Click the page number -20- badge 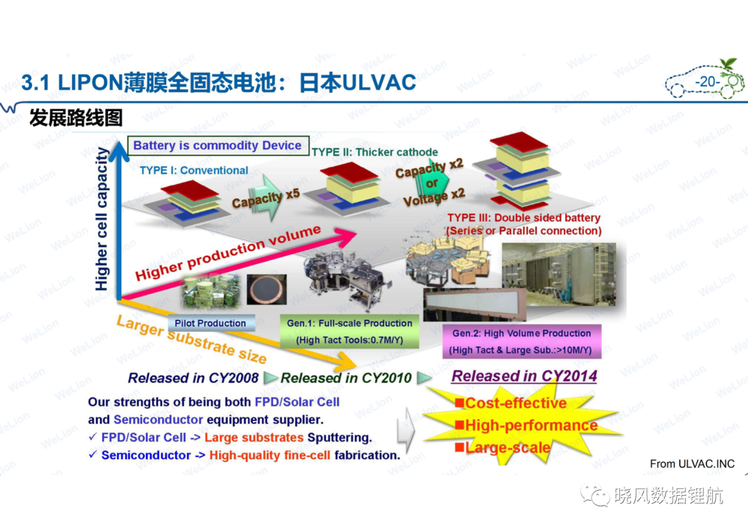coord(707,82)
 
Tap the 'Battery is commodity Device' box coord(218,146)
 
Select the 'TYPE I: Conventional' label coord(194,171)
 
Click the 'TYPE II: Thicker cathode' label coord(375,153)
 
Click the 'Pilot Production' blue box coord(211,323)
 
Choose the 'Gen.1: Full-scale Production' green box coord(350,331)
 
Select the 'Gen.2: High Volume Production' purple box coord(522,341)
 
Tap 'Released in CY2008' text coord(193,378)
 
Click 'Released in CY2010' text coord(346,378)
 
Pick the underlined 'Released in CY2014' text coord(524,376)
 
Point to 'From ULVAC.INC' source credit coord(692,464)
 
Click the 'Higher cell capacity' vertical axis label coord(102,219)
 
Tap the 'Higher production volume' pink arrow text coord(228,253)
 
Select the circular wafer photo coord(267,290)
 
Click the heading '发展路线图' coord(76,118)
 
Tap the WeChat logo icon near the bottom coord(596,496)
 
